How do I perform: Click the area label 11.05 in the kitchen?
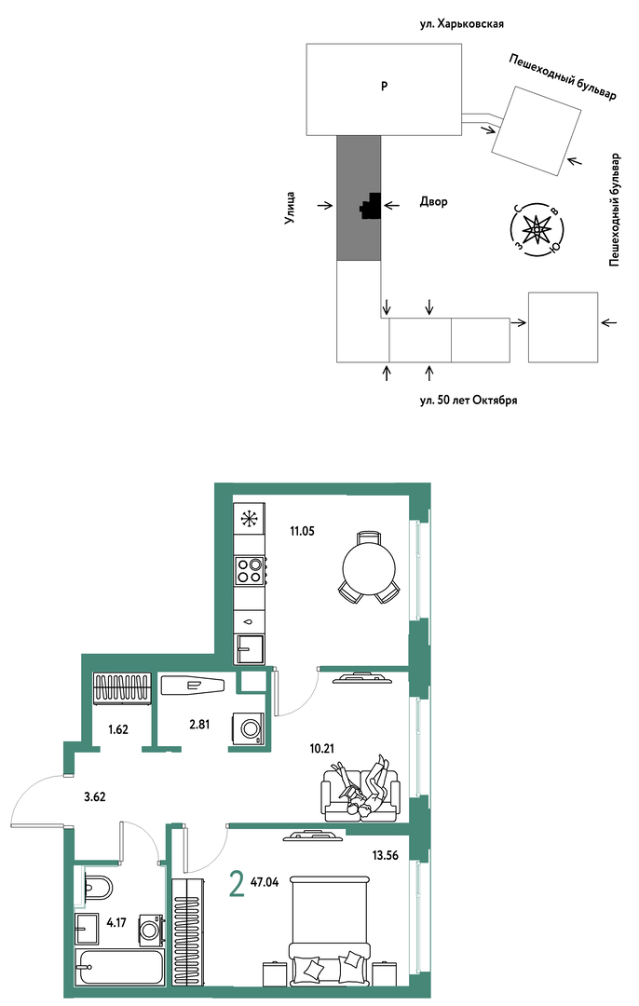(302, 531)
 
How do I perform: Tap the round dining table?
(368, 566)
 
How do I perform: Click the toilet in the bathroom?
(97, 888)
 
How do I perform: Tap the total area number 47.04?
(265, 882)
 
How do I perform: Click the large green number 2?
(236, 886)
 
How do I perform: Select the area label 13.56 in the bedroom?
(386, 854)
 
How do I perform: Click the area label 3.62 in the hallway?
(94, 797)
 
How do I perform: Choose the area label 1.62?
(117, 728)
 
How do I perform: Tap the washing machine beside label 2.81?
(248, 728)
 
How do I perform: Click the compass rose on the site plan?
(536, 228)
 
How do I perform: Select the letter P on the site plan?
(384, 86)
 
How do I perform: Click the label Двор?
(434, 201)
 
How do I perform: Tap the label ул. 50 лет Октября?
(469, 401)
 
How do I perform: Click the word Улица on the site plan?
(290, 208)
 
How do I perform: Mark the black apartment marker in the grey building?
(371, 206)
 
